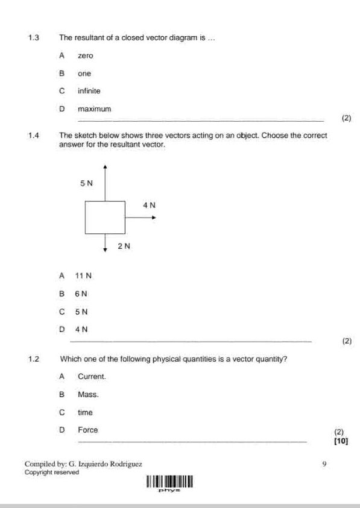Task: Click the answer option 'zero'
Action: (x=85, y=55)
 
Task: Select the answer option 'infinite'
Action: (x=89, y=91)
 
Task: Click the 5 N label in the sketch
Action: (x=87, y=182)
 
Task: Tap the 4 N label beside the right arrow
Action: (x=150, y=205)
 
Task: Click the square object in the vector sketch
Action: (x=105, y=217)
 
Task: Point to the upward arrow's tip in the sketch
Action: (x=105, y=166)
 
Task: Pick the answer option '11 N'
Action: (x=83, y=276)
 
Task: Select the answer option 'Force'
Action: (x=87, y=430)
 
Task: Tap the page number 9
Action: (x=324, y=464)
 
